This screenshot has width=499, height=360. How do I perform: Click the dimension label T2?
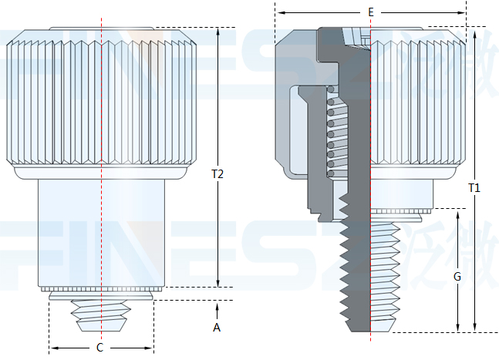point(217,174)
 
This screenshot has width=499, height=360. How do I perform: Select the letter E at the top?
point(371,12)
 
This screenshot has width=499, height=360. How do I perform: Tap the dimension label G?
point(457,275)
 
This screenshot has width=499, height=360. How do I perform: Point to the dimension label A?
point(217,328)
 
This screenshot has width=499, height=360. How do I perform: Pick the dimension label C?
point(99,348)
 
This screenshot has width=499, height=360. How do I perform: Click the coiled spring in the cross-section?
point(334,131)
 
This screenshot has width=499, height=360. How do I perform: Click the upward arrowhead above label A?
point(217,307)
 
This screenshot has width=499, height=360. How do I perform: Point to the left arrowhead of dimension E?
point(280,13)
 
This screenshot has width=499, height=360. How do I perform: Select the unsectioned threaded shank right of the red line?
point(386,270)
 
